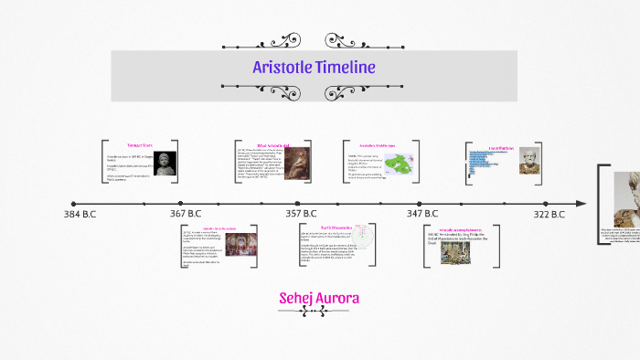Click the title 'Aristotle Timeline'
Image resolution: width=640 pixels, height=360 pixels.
tap(314, 68)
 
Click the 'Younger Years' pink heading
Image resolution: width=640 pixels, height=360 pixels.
tap(139, 146)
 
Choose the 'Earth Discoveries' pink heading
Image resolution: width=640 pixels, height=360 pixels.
tap(313, 228)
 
